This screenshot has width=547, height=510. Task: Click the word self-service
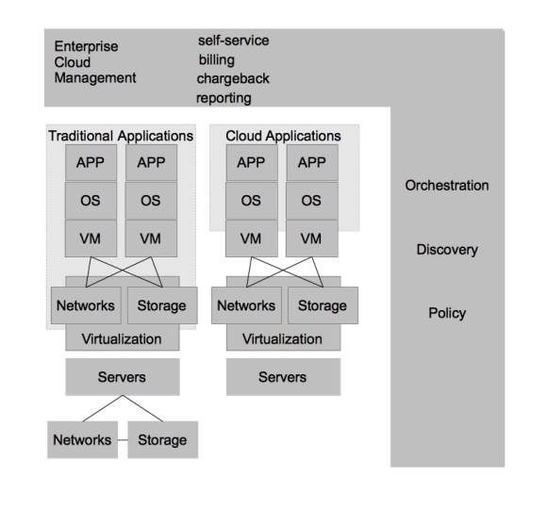tap(233, 41)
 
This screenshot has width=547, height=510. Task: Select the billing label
tap(216, 59)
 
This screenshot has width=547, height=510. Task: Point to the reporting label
tap(224, 97)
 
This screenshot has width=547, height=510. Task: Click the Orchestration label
tap(447, 186)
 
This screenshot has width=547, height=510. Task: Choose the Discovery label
tap(447, 250)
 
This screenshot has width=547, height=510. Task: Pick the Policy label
tap(447, 313)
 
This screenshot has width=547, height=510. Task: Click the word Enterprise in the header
tap(87, 45)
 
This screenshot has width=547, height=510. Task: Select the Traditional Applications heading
tap(120, 136)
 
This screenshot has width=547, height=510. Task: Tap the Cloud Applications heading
tap(283, 136)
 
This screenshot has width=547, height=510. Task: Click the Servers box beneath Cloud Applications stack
tap(282, 377)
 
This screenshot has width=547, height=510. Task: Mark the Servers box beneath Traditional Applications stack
tap(122, 377)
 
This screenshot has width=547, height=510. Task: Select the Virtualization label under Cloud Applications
tap(282, 338)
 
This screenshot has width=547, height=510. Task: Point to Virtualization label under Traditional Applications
tap(122, 338)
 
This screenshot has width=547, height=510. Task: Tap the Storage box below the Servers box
tap(162, 439)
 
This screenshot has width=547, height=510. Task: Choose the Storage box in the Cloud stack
tap(323, 305)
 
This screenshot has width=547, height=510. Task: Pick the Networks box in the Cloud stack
tap(246, 305)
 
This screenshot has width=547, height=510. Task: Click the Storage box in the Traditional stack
tap(161, 305)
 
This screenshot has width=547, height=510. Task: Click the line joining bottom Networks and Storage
tap(120, 439)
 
